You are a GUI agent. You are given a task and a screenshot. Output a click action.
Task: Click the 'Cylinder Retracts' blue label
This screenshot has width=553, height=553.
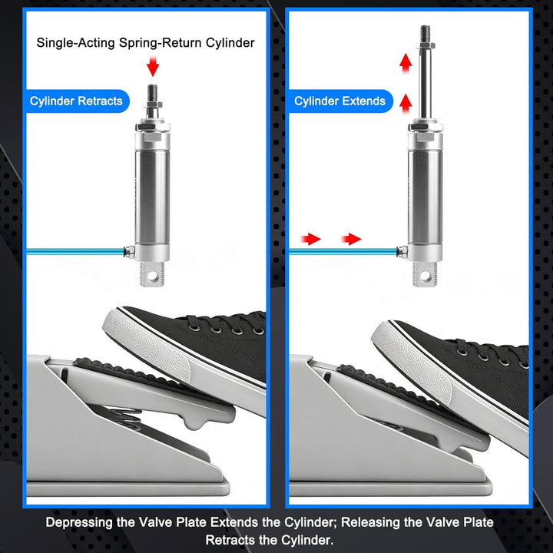[x=78, y=101]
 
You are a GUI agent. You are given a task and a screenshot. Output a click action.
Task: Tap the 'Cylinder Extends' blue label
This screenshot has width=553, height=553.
[x=340, y=101]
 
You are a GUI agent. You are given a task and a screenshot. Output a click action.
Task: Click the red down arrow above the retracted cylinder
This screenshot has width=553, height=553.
[x=153, y=67]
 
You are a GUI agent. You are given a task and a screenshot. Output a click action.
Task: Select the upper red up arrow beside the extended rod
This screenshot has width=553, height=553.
[x=406, y=64]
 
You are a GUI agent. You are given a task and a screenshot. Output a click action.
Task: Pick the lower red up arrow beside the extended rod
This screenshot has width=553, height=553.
[x=406, y=104]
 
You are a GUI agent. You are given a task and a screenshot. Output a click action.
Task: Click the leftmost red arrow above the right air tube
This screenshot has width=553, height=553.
[x=310, y=239]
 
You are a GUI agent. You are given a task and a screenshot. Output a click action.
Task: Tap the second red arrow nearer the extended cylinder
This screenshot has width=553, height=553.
[x=351, y=239]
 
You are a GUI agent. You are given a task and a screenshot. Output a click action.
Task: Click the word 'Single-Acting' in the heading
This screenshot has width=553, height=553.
[x=76, y=43]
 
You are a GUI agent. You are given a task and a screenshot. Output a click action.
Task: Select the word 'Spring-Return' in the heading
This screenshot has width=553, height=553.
[x=161, y=43]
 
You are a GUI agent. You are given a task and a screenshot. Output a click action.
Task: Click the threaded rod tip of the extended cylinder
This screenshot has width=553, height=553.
[x=425, y=35]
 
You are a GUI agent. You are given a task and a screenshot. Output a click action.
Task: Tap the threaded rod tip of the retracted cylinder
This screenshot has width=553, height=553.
[x=152, y=93]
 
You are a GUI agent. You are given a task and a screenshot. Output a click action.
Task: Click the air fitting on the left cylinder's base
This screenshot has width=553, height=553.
[x=129, y=252]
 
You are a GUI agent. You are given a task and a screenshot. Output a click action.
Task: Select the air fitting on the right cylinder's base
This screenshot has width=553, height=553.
[x=402, y=252]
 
